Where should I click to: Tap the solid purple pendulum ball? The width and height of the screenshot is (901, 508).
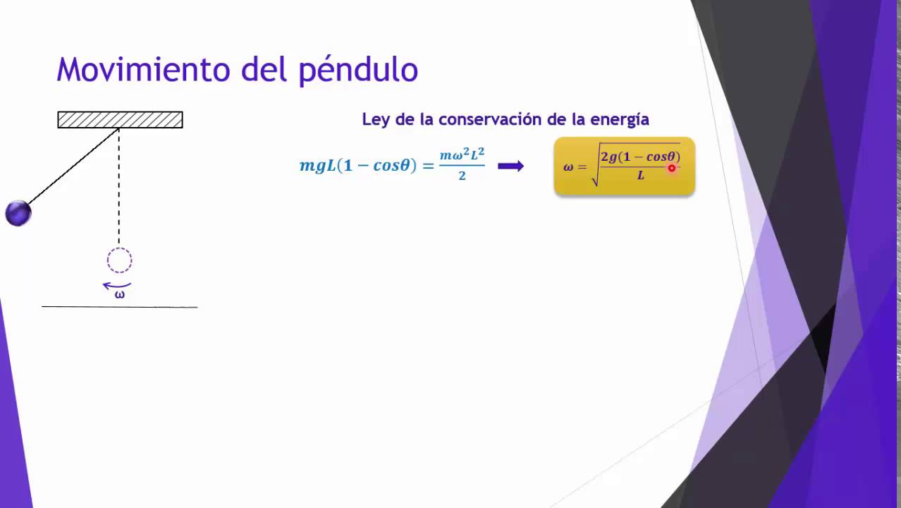pos(18,213)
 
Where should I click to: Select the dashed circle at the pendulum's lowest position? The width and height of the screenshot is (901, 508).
pos(119,260)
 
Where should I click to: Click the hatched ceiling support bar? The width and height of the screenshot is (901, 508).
pos(120,120)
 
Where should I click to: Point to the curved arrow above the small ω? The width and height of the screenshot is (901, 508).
pos(116,286)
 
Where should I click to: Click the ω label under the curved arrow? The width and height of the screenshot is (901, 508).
pos(119,295)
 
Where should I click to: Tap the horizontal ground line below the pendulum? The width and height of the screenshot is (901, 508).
pos(120,307)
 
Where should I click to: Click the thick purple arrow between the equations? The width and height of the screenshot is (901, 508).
pos(510,166)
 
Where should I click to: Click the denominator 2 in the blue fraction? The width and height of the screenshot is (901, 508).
pos(462,176)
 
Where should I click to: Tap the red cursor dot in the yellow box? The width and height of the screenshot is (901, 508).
pos(672,168)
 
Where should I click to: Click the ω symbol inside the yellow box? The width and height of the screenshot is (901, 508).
pos(568,167)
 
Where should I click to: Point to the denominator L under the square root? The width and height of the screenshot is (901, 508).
pos(641,176)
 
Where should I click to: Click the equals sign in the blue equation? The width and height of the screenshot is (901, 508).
pos(428,166)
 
